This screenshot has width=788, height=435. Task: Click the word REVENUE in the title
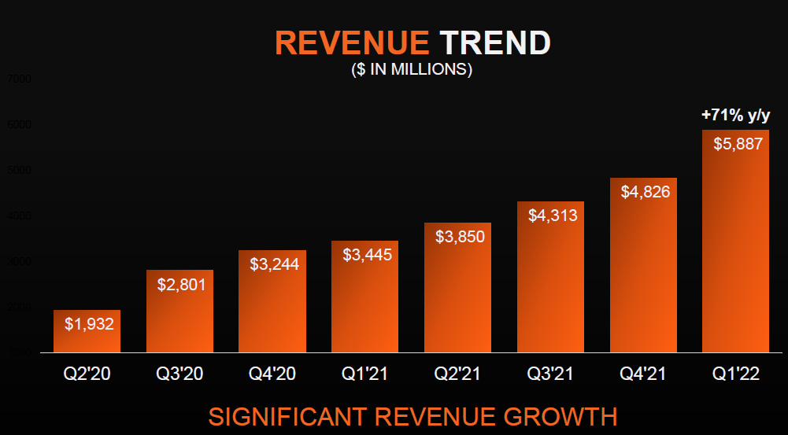click(x=352, y=42)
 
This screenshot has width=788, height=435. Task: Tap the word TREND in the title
click(x=494, y=42)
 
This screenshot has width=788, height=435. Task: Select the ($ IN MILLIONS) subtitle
click(x=411, y=69)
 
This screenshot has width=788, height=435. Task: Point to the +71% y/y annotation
click(x=735, y=116)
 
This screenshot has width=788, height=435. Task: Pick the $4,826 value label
click(x=643, y=191)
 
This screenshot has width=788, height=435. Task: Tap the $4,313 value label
click(x=551, y=215)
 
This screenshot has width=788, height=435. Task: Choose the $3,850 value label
click(x=458, y=236)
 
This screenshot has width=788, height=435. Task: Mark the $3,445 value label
click(x=366, y=254)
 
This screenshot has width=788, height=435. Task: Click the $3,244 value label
click(x=273, y=264)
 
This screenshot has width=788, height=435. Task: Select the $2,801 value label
click(x=180, y=284)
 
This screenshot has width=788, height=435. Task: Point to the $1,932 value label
click(x=88, y=323)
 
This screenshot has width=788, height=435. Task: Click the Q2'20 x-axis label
click(x=87, y=374)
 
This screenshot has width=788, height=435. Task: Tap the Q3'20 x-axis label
click(x=180, y=374)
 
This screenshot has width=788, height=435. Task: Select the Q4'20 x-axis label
click(x=272, y=374)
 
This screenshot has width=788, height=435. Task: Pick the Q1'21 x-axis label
click(x=365, y=374)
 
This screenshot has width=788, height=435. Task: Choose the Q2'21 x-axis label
click(x=457, y=374)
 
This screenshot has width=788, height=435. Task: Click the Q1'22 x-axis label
click(x=735, y=374)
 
